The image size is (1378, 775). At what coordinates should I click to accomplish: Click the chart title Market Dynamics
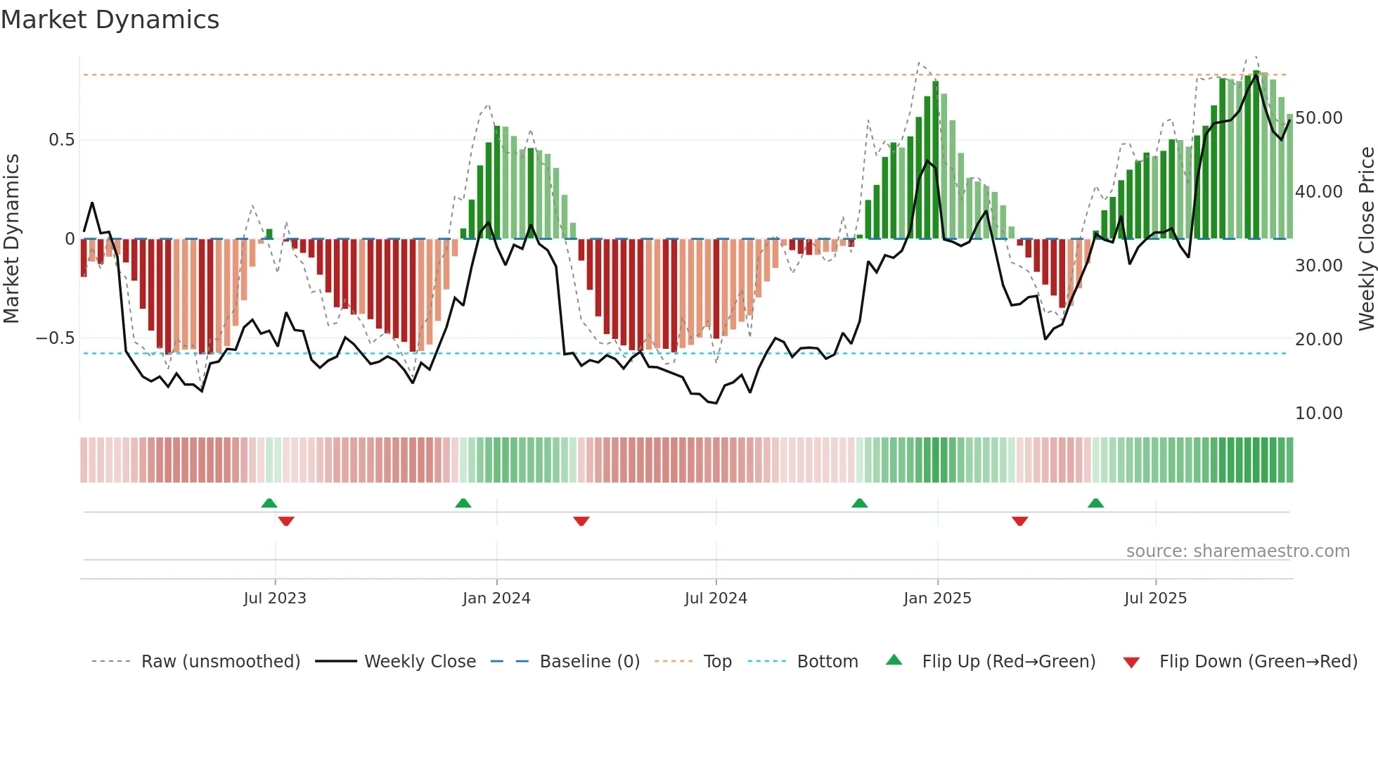point(110,20)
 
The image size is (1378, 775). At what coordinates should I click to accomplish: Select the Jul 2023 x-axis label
point(275,598)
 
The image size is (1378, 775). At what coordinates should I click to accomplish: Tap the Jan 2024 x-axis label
point(496,598)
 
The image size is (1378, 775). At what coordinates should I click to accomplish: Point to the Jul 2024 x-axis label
point(716,598)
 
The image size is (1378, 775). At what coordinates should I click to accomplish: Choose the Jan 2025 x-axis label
point(937,598)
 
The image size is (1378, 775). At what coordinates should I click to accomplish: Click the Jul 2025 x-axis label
point(1155,598)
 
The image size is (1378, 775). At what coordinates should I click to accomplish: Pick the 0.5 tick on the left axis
point(61,140)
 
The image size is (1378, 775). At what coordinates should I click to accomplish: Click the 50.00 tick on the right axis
point(1319,118)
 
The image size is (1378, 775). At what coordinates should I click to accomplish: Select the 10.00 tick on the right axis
point(1319,414)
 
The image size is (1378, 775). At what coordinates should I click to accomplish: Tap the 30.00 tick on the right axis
point(1319,266)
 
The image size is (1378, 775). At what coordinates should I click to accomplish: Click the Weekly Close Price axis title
point(1366,239)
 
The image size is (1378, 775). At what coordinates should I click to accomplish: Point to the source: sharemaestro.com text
point(1237,551)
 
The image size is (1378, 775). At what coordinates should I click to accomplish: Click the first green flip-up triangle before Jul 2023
point(269,504)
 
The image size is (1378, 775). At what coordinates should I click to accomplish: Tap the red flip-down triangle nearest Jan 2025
point(1019,520)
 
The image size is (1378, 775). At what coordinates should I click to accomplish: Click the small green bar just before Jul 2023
point(269,233)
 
